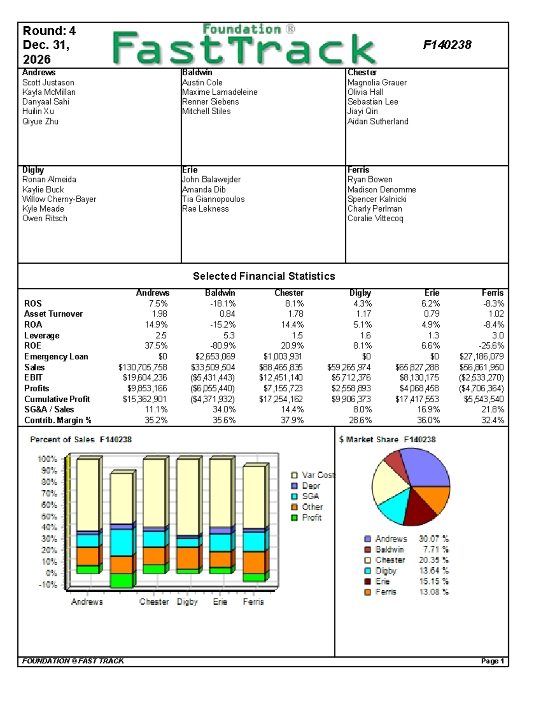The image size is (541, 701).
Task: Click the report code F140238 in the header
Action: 447,45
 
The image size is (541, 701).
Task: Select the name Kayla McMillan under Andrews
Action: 49,92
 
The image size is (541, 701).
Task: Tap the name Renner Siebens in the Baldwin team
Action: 211,102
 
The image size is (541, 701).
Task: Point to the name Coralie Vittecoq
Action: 375,218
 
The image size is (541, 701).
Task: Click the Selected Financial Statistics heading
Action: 264,276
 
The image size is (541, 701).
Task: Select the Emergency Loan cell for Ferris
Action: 481,357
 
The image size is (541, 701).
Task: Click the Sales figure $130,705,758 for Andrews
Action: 142,367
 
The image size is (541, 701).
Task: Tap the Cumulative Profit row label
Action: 57,399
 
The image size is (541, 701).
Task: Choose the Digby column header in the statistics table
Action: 360,293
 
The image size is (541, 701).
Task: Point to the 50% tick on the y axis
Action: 47,516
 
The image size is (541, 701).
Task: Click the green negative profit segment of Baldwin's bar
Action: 121,580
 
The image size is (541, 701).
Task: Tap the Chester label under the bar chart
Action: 154,602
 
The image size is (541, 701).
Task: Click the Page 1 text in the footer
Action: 492,661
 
